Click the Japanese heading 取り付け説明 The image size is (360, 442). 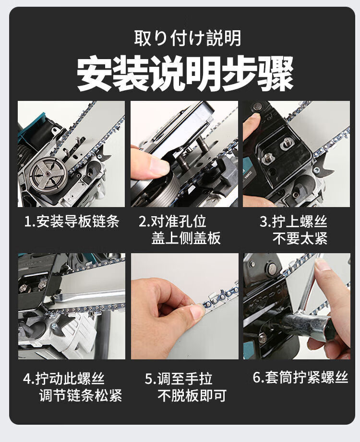click(187, 38)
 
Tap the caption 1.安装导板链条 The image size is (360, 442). click(72, 221)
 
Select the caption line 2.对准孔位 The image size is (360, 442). click(172, 221)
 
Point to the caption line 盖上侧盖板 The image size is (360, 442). click(186, 238)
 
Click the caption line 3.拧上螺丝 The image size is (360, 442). click(293, 221)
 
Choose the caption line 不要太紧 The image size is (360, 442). click(300, 238)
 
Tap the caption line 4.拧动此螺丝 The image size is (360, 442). click(64, 378)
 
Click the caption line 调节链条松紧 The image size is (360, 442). click(81, 395)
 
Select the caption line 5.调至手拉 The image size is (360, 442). click(179, 378)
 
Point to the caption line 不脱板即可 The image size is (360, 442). click(192, 395)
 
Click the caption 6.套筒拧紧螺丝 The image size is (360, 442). click(300, 377)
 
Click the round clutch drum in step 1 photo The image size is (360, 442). click(48, 174)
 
